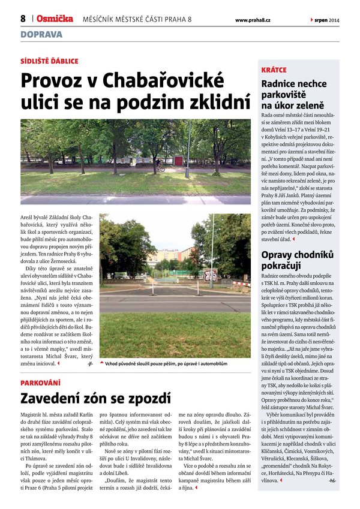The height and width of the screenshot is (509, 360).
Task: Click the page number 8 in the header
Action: (x=23, y=19)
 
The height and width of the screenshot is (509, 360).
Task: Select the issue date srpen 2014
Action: (x=326, y=20)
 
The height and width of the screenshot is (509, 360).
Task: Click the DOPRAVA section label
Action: (x=41, y=34)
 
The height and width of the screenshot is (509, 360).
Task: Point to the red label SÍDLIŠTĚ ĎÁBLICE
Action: (x=49, y=61)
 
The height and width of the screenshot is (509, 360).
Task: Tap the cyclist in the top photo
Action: (x=160, y=166)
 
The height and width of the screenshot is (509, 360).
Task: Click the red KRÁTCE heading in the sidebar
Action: (x=274, y=70)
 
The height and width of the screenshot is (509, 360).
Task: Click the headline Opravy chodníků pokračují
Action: (x=296, y=260)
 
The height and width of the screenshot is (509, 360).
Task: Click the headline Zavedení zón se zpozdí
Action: (x=96, y=397)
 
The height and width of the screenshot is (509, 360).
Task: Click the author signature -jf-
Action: (x=90, y=364)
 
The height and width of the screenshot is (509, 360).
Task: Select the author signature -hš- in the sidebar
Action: (x=332, y=481)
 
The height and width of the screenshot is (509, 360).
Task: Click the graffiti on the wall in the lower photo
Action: (x=210, y=275)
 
